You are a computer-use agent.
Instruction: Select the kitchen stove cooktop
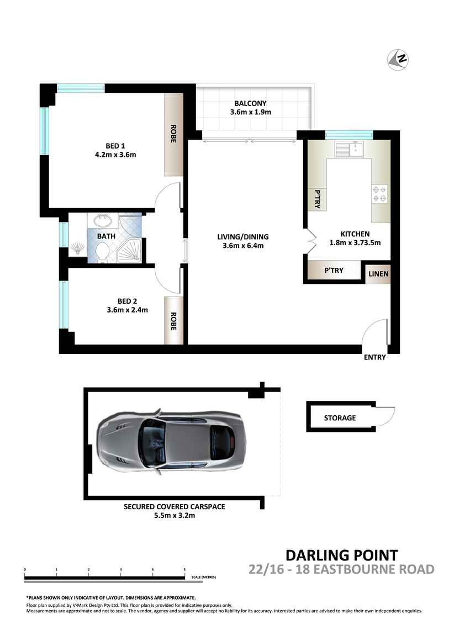pos(379,192)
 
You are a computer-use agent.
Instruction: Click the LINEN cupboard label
pos(378,274)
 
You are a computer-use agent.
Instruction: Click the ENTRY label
pos(374,357)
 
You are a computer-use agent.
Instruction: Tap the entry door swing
pos(376,333)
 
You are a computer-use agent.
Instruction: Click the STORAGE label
pos(340,418)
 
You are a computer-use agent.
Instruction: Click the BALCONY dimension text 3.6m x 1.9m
pos(250,113)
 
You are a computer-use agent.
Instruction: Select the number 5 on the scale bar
pos(184,569)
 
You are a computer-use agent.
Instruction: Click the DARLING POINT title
pos(341,555)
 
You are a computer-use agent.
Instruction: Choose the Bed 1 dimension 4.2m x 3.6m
pos(115,155)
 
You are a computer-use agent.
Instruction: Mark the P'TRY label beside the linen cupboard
pos(334,271)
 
